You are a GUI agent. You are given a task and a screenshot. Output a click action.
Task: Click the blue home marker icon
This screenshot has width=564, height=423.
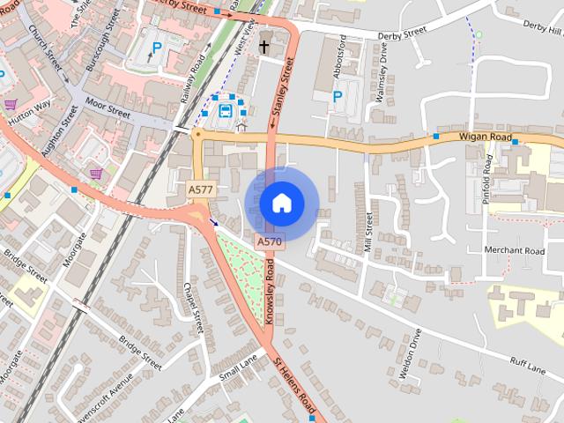coord(281,203)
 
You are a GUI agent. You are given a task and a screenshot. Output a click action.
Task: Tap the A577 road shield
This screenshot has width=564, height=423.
coord(200,189)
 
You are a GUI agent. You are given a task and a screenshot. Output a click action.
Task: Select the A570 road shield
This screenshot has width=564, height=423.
coord(270,241)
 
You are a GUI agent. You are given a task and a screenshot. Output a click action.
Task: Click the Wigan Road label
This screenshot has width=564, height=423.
coord(485,137)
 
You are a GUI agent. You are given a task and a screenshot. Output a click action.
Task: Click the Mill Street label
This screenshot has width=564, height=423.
coord(368,232)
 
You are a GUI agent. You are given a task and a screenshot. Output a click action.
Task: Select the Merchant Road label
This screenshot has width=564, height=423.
coord(515,250)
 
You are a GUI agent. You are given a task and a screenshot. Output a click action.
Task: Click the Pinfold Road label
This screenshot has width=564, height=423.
coord(486,180)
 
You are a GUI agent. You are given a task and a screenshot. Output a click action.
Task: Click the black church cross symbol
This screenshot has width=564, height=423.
coord(264,46)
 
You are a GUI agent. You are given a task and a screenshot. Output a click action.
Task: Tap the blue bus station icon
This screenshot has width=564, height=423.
coord(226,111)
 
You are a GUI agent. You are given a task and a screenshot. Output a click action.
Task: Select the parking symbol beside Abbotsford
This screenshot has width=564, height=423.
coord(337,96)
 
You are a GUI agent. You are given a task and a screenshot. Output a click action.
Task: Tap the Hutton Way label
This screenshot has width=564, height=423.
coord(30,117)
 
